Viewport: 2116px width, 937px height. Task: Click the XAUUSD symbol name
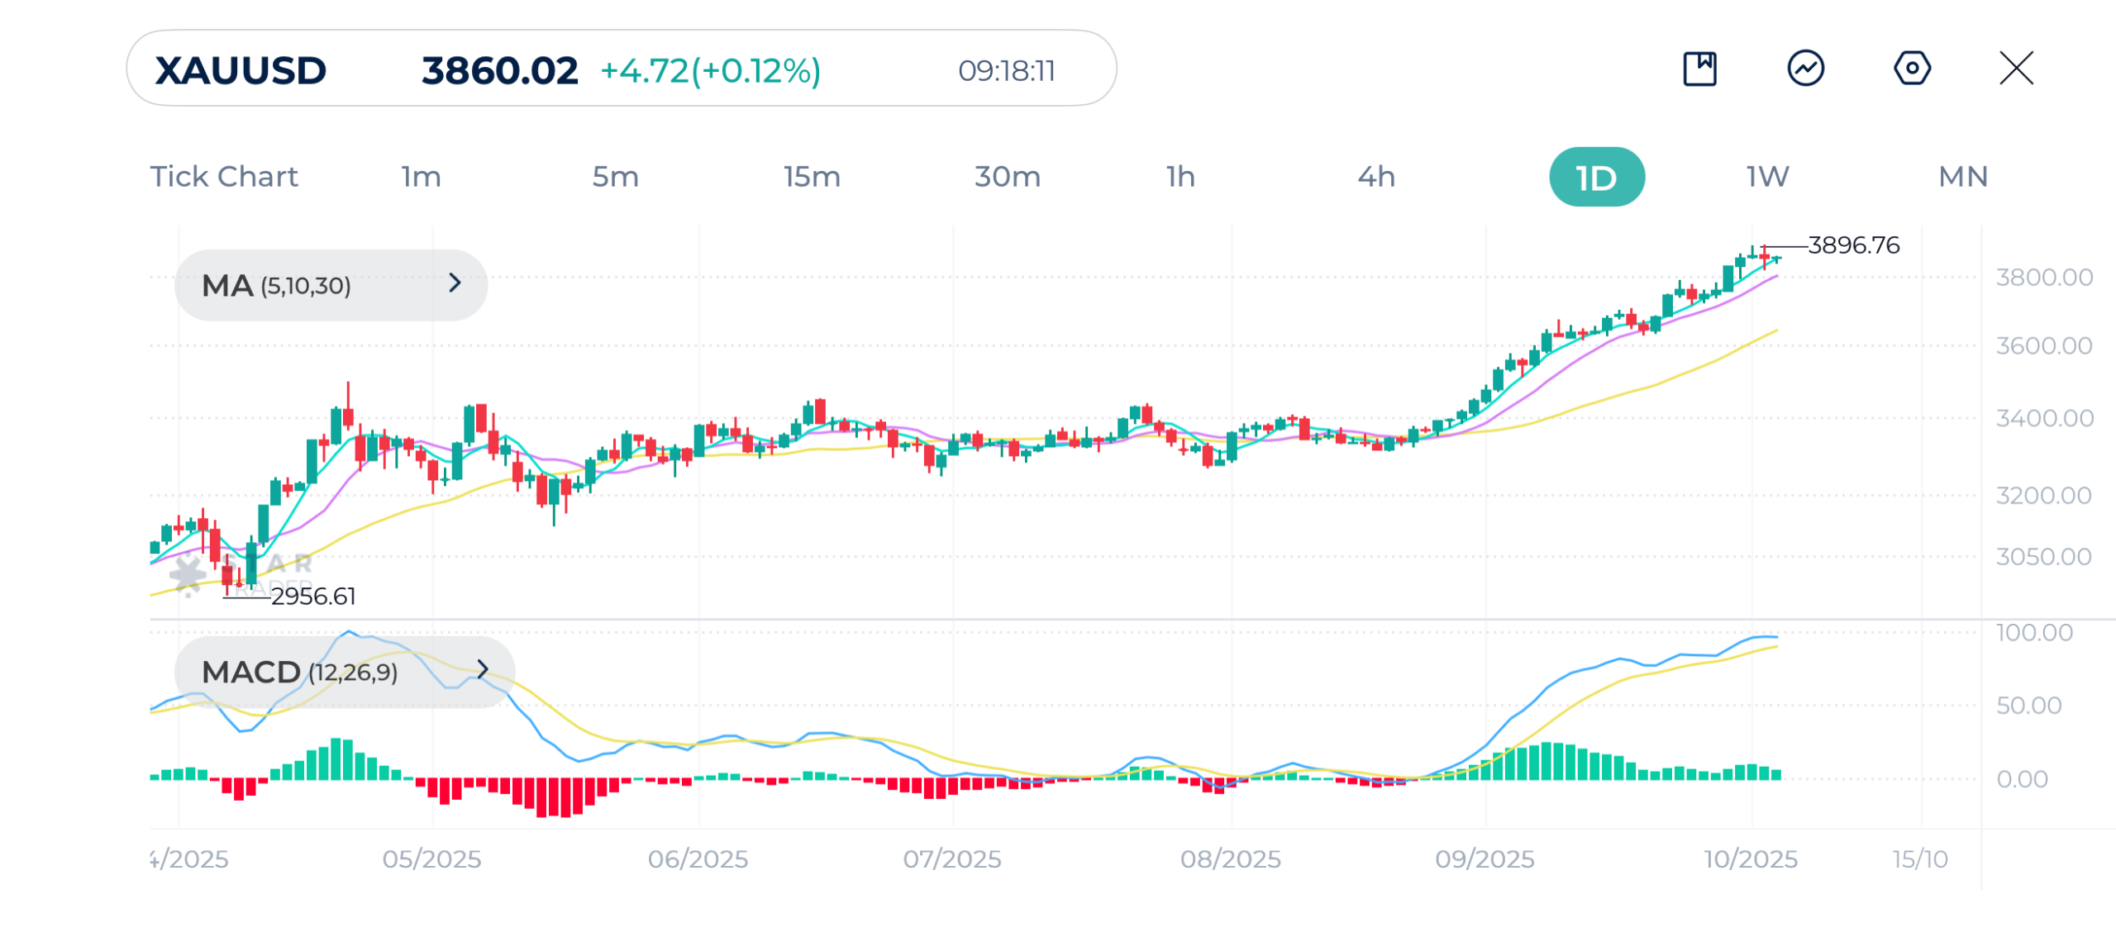(x=241, y=70)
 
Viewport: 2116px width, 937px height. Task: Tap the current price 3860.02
(x=499, y=70)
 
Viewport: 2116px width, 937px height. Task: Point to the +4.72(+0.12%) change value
(x=710, y=70)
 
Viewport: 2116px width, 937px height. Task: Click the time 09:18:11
(x=1006, y=70)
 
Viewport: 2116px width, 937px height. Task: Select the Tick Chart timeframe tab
(x=224, y=176)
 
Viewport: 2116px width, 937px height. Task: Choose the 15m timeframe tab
(x=812, y=176)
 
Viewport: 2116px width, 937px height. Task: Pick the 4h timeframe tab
(x=1376, y=176)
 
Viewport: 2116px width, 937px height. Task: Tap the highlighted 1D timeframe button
(x=1596, y=177)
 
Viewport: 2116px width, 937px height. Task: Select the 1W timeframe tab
(x=1767, y=176)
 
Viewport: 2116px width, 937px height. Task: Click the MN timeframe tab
(x=1963, y=176)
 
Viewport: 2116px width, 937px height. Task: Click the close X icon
(x=2016, y=68)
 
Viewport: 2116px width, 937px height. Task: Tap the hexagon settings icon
(x=1912, y=68)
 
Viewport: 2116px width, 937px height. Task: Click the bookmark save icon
(x=1700, y=68)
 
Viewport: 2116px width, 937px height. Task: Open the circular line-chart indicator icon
(x=1806, y=68)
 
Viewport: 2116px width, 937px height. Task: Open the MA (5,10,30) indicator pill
(x=331, y=285)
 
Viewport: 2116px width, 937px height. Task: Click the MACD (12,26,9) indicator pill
(x=344, y=672)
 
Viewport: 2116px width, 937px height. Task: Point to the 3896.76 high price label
(x=1853, y=245)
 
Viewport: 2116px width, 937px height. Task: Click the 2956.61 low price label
(x=313, y=596)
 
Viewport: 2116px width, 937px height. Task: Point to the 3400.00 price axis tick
(x=2044, y=418)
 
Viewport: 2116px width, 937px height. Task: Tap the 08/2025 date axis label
(x=1230, y=859)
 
